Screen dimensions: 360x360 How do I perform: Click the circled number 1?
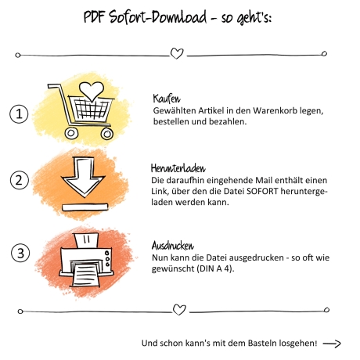coord(19,113)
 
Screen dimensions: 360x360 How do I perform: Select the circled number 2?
coord(20,180)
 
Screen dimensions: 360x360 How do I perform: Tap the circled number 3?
coord(20,253)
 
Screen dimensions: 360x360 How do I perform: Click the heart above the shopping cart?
coord(92,92)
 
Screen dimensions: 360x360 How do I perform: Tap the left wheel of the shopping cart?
coord(71,133)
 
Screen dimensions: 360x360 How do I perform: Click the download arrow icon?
coord(83,176)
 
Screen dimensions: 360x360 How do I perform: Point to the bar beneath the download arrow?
coord(85,207)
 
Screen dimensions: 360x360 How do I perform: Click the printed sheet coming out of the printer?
coord(86,275)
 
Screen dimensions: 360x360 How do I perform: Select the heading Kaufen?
coord(167,99)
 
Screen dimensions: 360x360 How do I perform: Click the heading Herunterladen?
coord(178,168)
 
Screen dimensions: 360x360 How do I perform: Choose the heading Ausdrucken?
coord(173,246)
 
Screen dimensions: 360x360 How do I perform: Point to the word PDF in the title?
coord(94,17)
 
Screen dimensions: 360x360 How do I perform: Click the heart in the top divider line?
coord(177,53)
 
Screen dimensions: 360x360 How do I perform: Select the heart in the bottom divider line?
coord(179,310)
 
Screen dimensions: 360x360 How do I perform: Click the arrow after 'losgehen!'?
coord(332,344)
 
